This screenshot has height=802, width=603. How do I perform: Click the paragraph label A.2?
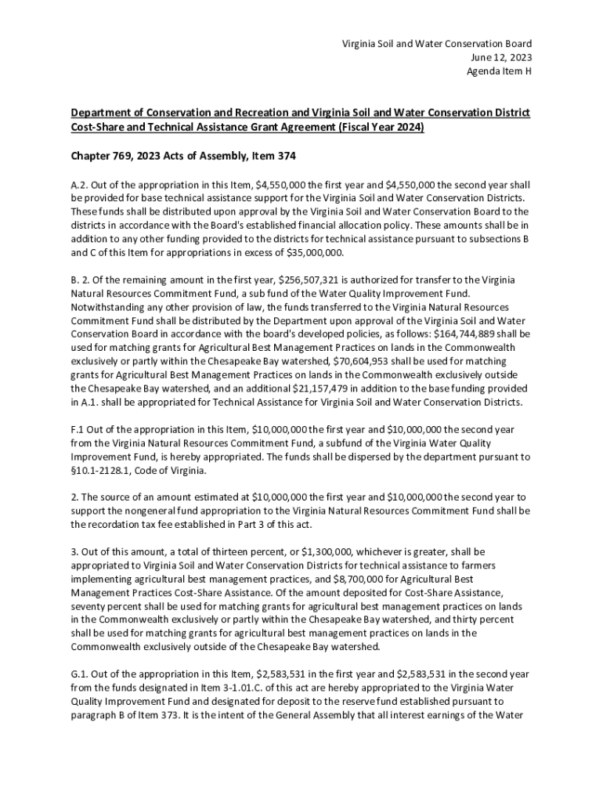tap(79, 185)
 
